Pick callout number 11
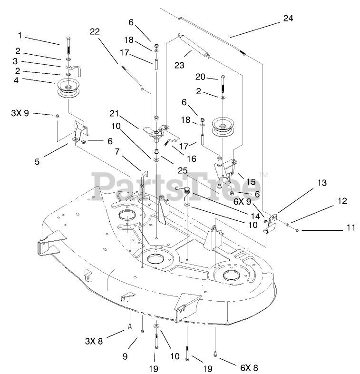(350, 228)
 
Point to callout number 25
(183, 170)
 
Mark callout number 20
(200, 77)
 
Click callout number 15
(251, 181)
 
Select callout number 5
(37, 161)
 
